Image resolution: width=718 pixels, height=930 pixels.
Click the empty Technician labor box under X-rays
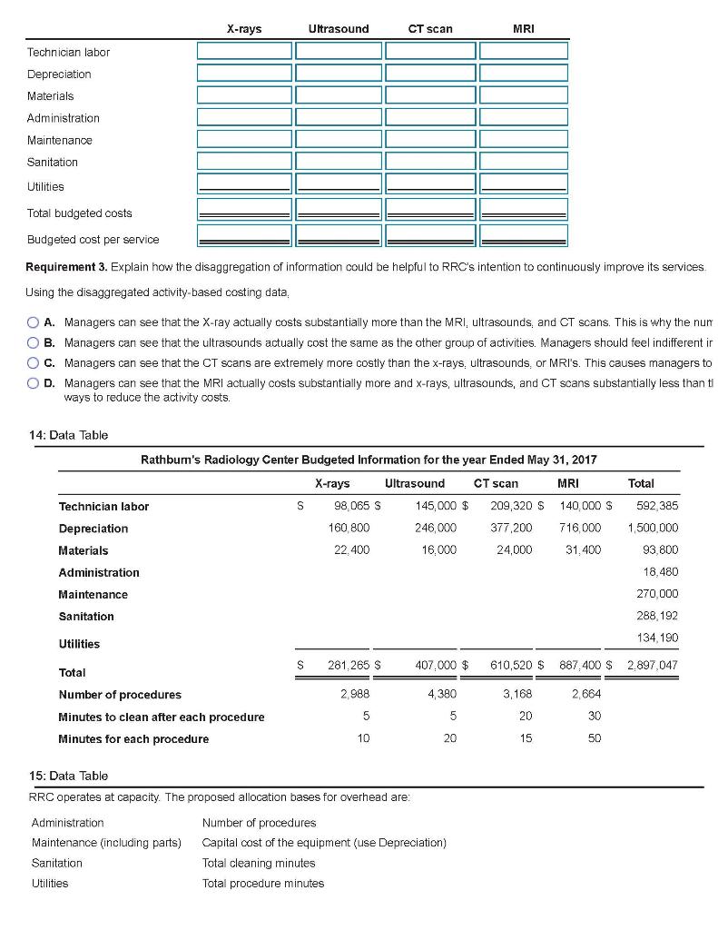pyautogui.click(x=243, y=52)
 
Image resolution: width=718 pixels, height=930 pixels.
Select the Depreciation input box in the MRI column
pyautogui.click(x=524, y=74)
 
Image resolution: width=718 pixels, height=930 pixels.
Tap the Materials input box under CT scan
pyautogui.click(x=431, y=95)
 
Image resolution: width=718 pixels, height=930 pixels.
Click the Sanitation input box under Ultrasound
pyautogui.click(x=338, y=162)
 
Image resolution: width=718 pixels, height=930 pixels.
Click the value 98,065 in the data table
pyautogui.click(x=352, y=506)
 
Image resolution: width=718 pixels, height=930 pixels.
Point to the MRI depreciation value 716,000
pyautogui.click(x=581, y=529)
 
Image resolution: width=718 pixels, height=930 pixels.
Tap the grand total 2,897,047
pyautogui.click(x=653, y=665)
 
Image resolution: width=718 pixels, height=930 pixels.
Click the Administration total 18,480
pyautogui.click(x=661, y=572)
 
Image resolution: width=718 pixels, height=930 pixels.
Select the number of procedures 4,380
pyautogui.click(x=439, y=694)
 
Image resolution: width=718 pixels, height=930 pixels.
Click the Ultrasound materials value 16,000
pyautogui.click(x=439, y=550)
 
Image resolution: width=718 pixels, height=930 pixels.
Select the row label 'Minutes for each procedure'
pyautogui.click(x=133, y=738)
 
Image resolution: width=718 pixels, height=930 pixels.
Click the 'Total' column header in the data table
pyautogui.click(x=641, y=483)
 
